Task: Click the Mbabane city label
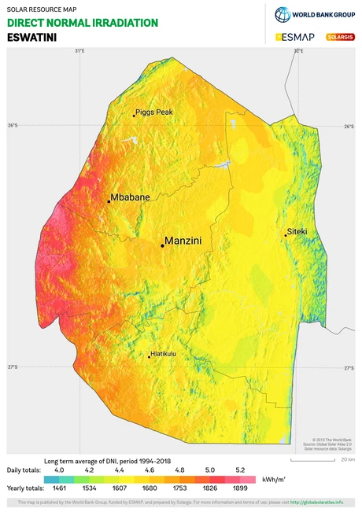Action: pos(130,197)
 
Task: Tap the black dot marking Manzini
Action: pos(162,245)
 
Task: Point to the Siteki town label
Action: pos(297,232)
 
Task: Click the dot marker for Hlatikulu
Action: pos(150,357)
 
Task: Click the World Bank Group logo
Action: pos(315,14)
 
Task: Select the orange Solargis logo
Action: pos(339,37)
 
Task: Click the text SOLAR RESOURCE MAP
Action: pos(42,9)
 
